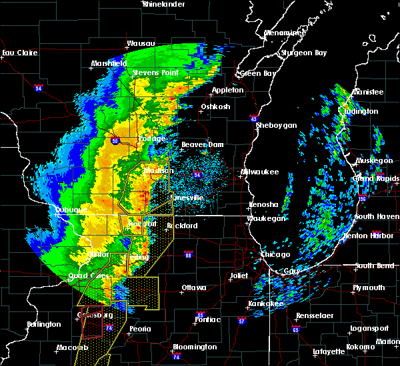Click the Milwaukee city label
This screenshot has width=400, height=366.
(x=260, y=172)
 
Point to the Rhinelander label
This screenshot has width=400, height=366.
(x=163, y=4)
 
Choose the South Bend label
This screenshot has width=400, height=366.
(x=375, y=266)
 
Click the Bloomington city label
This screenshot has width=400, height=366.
(x=193, y=347)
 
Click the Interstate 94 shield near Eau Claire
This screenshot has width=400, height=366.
(x=39, y=87)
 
